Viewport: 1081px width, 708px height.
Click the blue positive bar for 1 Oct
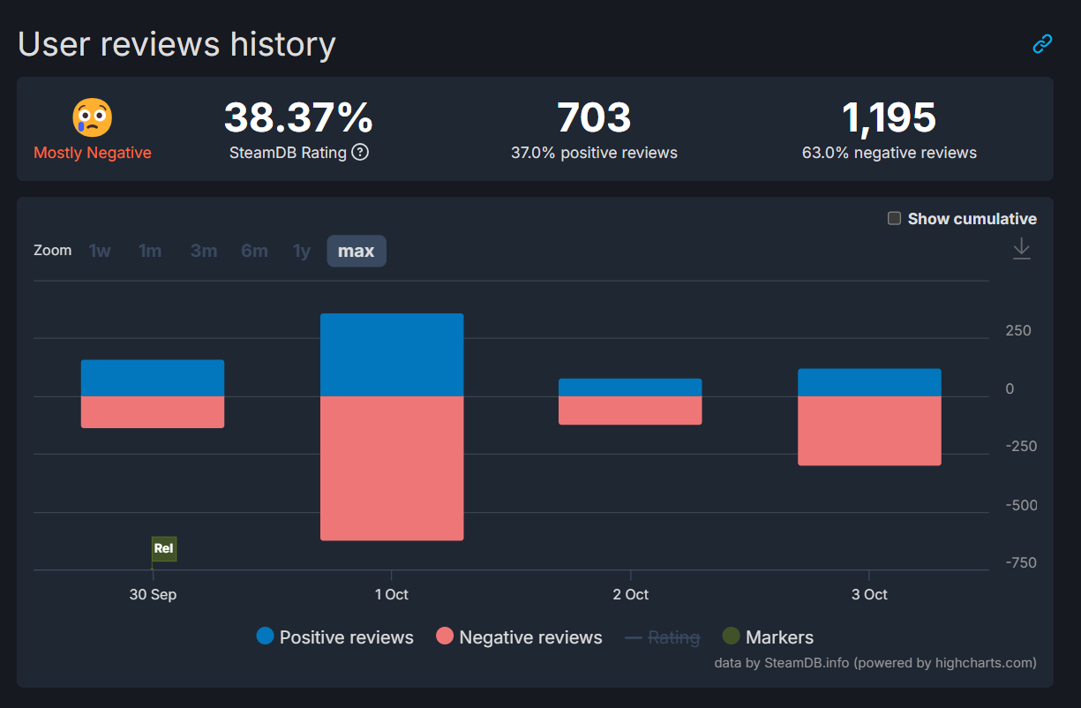pyautogui.click(x=392, y=355)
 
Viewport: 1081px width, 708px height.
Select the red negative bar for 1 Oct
pyautogui.click(x=392, y=468)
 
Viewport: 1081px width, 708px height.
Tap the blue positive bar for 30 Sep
pyautogui.click(x=153, y=378)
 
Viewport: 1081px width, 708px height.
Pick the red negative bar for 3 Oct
pyautogui.click(x=869, y=431)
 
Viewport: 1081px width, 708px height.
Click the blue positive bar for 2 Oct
pyautogui.click(x=630, y=388)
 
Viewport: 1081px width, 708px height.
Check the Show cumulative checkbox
pyautogui.click(x=894, y=218)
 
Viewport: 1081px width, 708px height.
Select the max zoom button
pyautogui.click(x=357, y=251)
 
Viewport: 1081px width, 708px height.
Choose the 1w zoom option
pyautogui.click(x=100, y=251)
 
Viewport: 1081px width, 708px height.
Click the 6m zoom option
pyautogui.click(x=254, y=251)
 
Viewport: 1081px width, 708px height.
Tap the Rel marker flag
pyautogui.click(x=164, y=548)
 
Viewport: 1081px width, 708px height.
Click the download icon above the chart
pyautogui.click(x=1021, y=248)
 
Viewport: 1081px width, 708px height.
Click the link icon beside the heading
pyautogui.click(x=1042, y=43)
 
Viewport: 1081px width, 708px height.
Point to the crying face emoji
pyautogui.click(x=93, y=118)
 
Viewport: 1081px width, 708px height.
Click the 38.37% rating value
pyautogui.click(x=298, y=117)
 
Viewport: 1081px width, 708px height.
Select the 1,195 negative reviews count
pyautogui.click(x=889, y=117)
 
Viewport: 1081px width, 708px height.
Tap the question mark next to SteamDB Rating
pyautogui.click(x=360, y=152)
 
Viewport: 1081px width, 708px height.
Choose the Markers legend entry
pyautogui.click(x=768, y=637)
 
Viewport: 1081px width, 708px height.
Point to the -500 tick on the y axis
pyautogui.click(x=1021, y=505)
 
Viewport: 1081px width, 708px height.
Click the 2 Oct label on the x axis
pyautogui.click(x=630, y=594)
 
